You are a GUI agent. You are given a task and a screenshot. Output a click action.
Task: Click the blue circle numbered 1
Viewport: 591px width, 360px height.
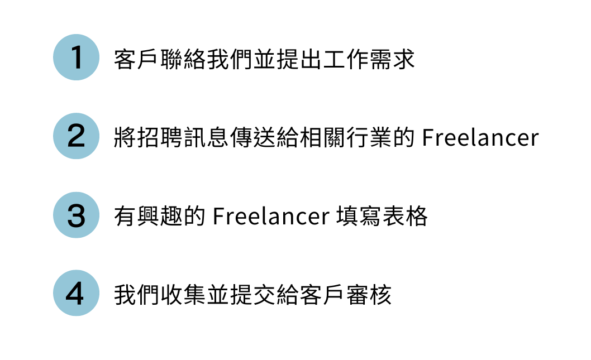(x=76, y=57)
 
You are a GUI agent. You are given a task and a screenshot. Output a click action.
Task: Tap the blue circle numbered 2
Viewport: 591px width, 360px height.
(x=76, y=136)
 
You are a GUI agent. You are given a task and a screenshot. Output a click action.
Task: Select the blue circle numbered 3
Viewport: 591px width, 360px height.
(x=76, y=215)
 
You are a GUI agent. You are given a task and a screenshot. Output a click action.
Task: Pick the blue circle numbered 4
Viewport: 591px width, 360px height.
(x=76, y=294)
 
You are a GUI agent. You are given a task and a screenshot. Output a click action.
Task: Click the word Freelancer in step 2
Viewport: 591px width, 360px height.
(x=480, y=137)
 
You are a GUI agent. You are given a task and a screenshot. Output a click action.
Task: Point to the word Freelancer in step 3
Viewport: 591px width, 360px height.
(x=271, y=216)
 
